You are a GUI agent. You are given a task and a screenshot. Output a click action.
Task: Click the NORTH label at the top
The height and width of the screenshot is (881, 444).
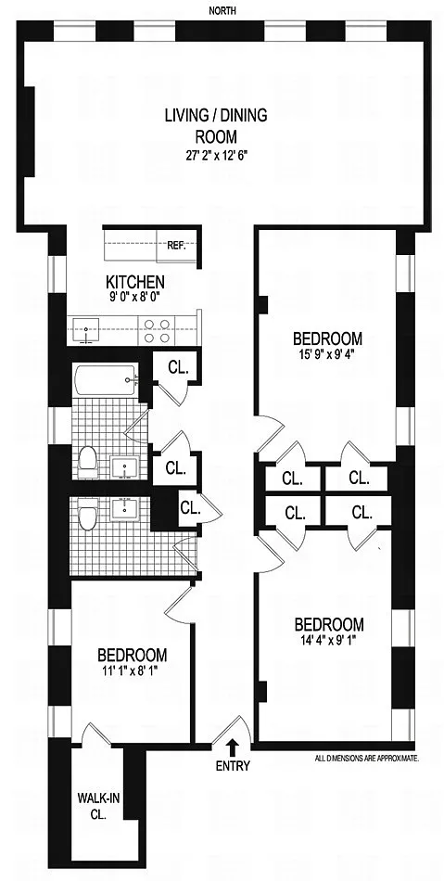coord(222,10)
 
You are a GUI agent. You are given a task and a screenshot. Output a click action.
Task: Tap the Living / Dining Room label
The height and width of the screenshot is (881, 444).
coord(216,126)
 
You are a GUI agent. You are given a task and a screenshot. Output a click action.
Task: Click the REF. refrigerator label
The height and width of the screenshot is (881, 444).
coord(176,245)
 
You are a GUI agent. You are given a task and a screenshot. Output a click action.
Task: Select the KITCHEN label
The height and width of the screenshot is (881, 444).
coord(135,281)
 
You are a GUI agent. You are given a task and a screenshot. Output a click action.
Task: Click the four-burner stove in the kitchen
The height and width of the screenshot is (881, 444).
coord(158,330)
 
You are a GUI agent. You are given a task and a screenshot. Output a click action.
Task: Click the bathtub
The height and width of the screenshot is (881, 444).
coord(105,381)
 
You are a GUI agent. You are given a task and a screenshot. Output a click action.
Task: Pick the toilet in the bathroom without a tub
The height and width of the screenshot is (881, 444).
coord(86,517)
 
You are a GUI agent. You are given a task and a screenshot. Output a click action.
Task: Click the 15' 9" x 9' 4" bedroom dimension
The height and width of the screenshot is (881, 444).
coord(328,354)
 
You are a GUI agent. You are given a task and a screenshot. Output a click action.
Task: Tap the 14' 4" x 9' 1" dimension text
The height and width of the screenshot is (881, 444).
coord(329,638)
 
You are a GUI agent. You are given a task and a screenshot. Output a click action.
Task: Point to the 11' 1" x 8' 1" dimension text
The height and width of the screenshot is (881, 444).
coord(132,670)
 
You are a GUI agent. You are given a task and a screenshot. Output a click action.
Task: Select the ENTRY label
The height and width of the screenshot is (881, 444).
coord(233,766)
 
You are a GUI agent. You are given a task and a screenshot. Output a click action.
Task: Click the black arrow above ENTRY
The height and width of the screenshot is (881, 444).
coord(233,747)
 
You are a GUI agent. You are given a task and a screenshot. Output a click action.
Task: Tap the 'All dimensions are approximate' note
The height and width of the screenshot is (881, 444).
coord(367,759)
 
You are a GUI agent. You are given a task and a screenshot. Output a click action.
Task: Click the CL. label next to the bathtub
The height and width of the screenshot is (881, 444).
coord(177,367)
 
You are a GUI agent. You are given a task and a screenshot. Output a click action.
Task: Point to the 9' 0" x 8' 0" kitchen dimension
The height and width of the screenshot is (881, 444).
coord(136,294)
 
